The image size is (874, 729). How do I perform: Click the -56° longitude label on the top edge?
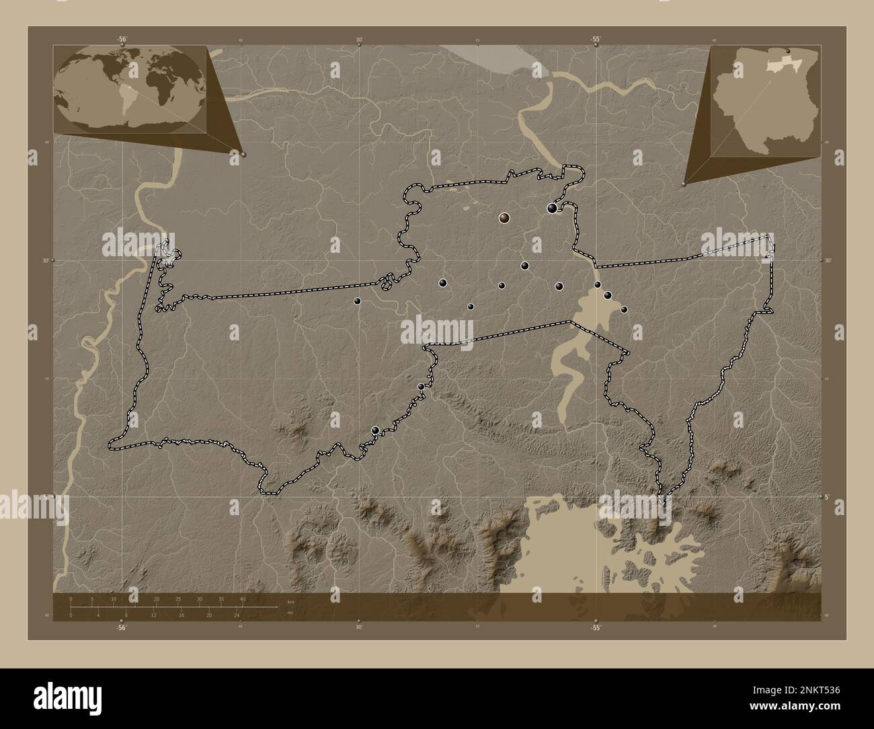pos(122,39)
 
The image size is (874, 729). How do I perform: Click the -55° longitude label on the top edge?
pos(596,39)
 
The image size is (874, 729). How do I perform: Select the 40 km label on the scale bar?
pos(243,599)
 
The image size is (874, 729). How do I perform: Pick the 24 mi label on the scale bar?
pos(237,615)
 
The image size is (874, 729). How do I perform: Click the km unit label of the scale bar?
pos(290,601)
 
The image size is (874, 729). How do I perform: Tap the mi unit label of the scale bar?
pos(290,613)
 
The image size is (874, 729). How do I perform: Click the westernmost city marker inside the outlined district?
pos(358,301)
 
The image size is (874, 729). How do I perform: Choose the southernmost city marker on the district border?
pos(375,430)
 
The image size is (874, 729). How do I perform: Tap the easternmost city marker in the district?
pos(624,309)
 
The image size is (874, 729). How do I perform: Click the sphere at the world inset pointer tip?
pos(243,154)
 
